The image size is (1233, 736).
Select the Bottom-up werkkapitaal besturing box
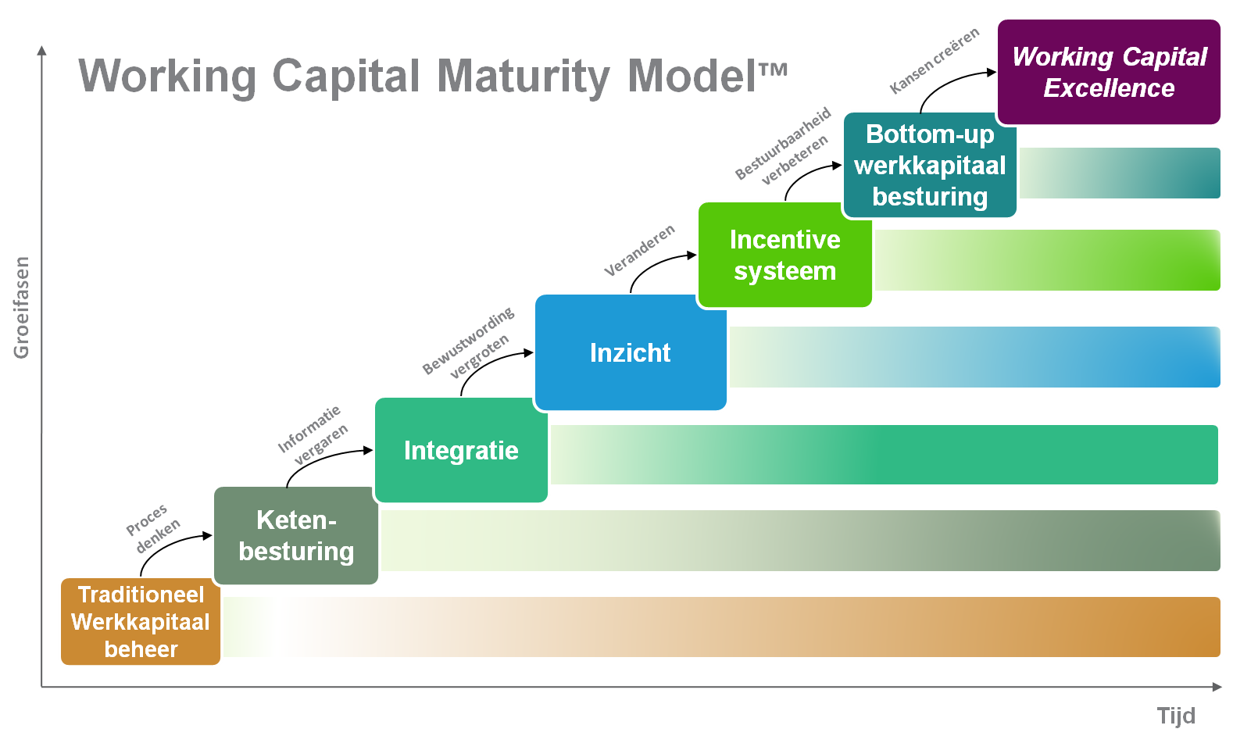coord(929,165)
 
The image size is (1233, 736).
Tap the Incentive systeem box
coord(784,255)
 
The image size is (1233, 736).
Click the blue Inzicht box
coord(630,352)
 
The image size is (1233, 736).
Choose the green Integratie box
coord(461,450)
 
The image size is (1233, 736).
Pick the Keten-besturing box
coord(295,536)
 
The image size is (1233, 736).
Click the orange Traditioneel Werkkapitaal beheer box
coord(141,622)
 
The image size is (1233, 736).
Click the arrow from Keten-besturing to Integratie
coord(320,459)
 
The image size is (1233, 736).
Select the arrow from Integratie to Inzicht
coord(488,362)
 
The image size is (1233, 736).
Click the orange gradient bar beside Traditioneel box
coord(719,627)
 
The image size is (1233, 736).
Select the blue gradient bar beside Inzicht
coord(973,357)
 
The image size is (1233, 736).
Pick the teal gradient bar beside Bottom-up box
coord(1119,173)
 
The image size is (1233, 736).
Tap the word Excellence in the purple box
coord(1109,88)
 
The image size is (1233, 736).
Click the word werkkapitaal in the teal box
coord(930,166)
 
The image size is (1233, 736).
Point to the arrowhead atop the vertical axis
coord(42,51)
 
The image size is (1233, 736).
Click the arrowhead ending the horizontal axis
coord(1217,687)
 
